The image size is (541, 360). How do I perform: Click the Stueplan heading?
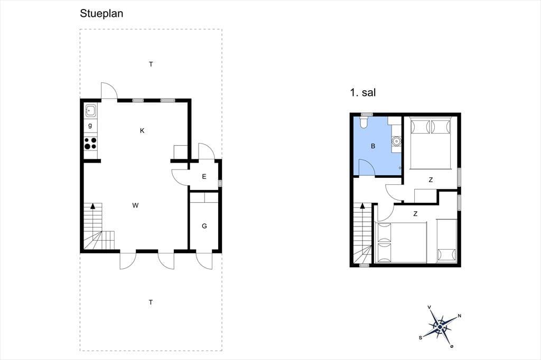[101, 13]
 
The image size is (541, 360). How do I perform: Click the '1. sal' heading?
[363, 92]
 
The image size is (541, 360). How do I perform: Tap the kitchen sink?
[91, 110]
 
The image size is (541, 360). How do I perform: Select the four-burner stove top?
[91, 144]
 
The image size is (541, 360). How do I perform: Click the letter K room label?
[142, 131]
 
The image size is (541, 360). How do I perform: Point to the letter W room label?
[135, 205]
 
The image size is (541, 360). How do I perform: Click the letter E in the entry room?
[204, 176]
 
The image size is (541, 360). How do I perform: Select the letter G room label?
[204, 226]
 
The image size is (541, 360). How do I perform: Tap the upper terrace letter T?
[151, 64]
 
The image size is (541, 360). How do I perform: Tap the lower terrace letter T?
[151, 302]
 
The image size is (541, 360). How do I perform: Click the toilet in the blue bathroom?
[364, 122]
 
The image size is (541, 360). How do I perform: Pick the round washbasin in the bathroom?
[396, 141]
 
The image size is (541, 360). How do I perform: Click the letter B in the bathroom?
[373, 146]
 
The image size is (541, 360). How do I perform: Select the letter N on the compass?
[459, 316]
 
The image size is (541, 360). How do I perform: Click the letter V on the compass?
[430, 307]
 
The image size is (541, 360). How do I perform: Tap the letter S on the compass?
[421, 338]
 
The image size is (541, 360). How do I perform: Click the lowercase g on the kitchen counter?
[90, 126]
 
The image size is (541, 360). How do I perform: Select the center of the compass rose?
[440, 327]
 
